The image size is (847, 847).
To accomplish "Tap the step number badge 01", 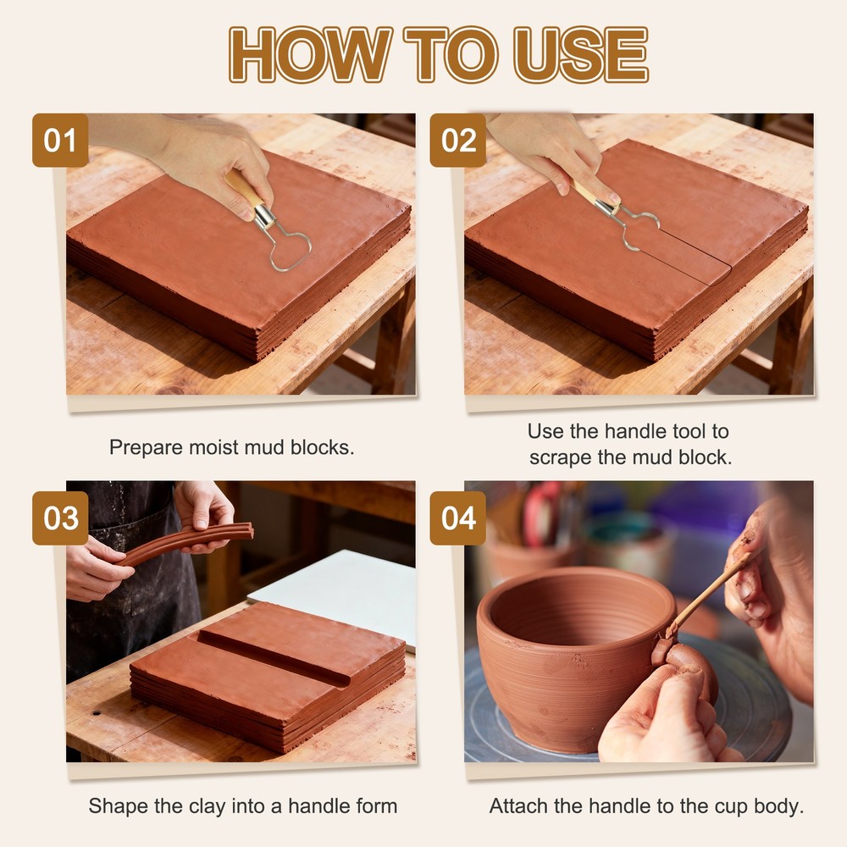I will point(60,140).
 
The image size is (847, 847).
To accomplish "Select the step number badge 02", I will point(458,140).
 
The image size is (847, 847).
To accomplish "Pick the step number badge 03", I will point(60,518).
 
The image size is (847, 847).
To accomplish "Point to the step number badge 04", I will point(458,518).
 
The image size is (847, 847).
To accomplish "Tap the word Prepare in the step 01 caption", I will point(143,447).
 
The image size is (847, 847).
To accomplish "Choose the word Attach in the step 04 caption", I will point(518,805).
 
